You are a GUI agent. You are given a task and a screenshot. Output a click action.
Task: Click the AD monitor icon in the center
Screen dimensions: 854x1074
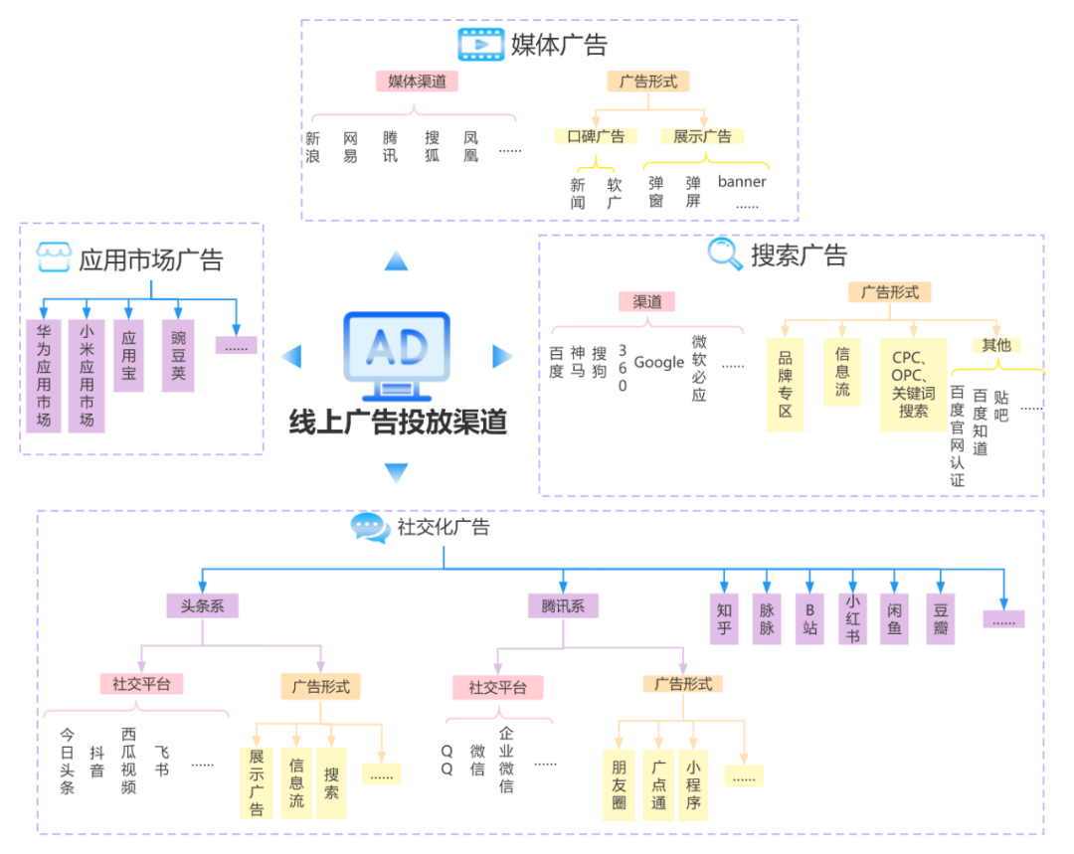(x=397, y=349)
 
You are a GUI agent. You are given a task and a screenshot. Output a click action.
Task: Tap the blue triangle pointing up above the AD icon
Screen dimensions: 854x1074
(x=396, y=260)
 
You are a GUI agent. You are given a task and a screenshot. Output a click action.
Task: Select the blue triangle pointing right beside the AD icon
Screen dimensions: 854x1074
(x=503, y=355)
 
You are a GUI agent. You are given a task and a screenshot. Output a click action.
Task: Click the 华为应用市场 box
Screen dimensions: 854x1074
(x=44, y=375)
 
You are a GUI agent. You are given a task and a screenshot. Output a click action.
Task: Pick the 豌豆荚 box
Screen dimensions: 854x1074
(x=178, y=355)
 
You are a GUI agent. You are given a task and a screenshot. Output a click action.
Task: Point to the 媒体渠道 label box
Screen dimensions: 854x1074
(x=417, y=82)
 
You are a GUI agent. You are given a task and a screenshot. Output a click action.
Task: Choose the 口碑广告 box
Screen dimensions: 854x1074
(x=596, y=136)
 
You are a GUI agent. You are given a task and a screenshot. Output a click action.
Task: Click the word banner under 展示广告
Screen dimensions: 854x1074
(x=742, y=182)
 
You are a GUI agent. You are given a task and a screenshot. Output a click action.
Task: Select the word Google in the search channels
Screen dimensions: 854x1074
(x=658, y=362)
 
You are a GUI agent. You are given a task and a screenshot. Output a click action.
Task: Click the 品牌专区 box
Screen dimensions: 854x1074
(x=785, y=384)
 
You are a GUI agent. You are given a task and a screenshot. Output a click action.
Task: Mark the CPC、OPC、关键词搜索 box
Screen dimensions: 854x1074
(x=913, y=384)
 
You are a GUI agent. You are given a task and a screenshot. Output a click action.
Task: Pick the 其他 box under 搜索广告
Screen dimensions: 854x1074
(x=995, y=345)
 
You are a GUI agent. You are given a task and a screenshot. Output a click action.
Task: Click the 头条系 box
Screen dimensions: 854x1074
(x=202, y=605)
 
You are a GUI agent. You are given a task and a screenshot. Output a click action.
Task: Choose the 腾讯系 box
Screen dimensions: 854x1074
(x=563, y=605)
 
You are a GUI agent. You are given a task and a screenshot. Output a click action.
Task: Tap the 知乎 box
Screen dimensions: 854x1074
(x=724, y=618)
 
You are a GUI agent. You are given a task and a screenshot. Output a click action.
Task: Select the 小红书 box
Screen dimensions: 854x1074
(x=852, y=618)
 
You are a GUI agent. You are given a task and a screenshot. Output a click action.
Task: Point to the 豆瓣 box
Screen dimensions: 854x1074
(x=940, y=618)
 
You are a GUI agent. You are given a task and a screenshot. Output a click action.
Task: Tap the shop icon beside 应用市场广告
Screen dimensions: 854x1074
(x=54, y=256)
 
